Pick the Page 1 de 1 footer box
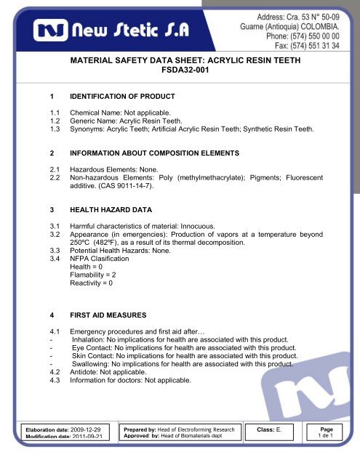[x=335, y=434]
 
